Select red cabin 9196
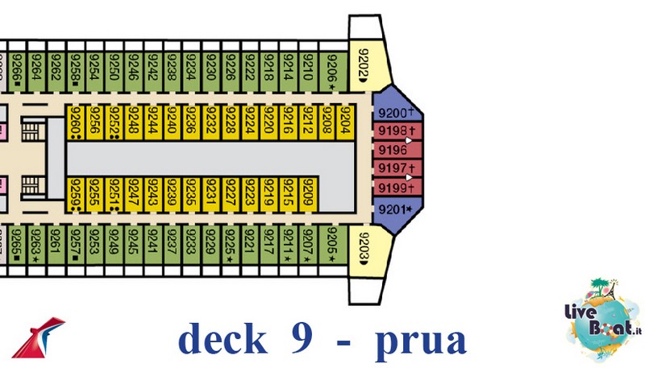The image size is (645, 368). coord(395,150)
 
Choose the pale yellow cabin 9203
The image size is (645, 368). coord(363,246)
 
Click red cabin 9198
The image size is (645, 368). coord(395,132)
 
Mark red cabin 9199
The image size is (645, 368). coord(395,188)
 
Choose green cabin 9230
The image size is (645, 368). coord(210,71)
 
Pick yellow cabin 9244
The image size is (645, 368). coord(152,122)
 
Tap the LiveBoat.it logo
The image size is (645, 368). coord(601,317)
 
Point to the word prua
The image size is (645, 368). coord(420,339)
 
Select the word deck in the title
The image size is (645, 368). coord(222,338)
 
